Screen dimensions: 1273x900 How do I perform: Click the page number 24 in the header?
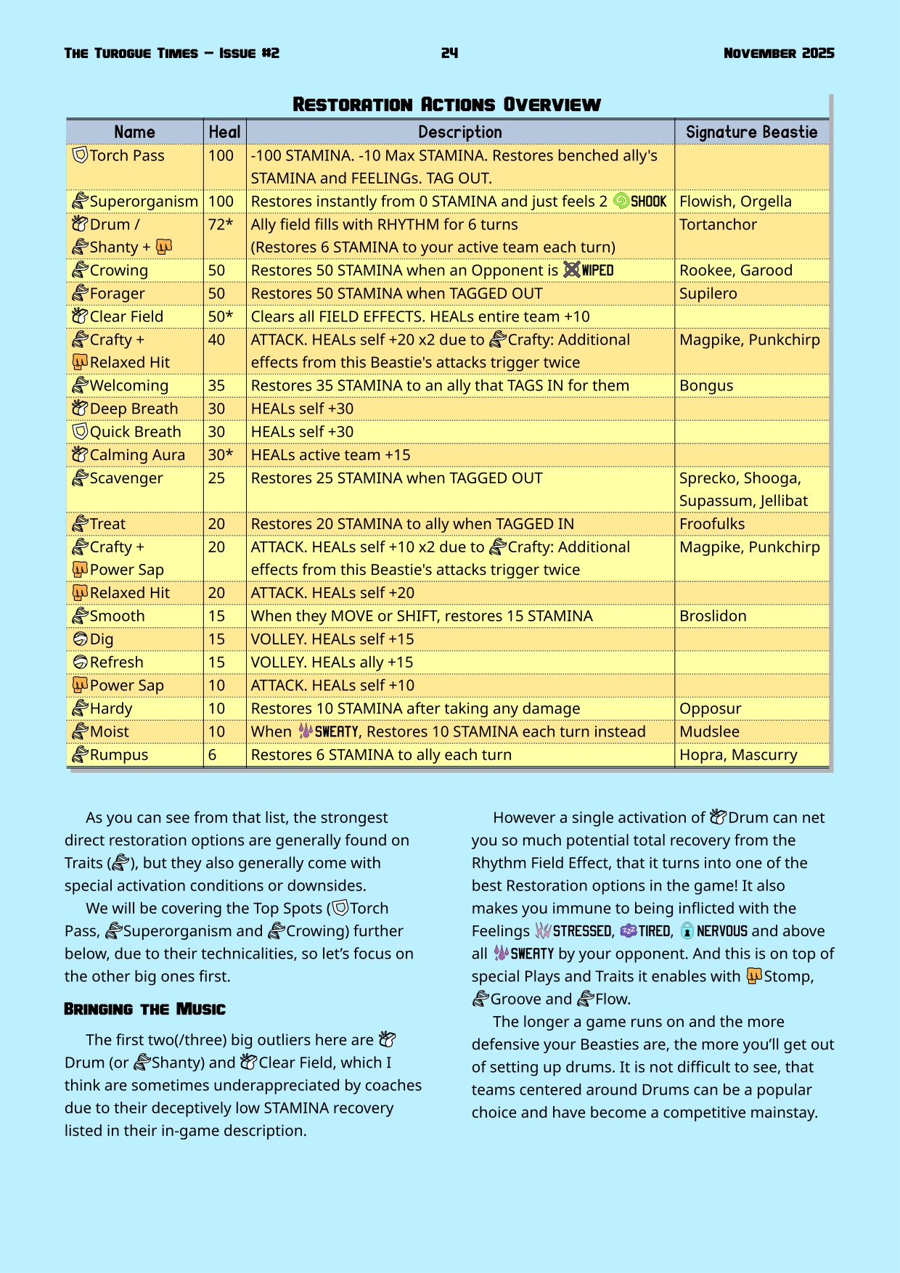(449, 53)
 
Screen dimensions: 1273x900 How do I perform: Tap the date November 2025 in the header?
(779, 53)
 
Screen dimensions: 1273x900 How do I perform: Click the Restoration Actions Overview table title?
(446, 105)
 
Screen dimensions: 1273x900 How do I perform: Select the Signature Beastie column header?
(751, 132)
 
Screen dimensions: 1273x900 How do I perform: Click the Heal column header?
(224, 132)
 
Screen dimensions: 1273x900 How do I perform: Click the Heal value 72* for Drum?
(221, 225)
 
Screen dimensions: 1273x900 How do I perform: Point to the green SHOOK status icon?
(621, 201)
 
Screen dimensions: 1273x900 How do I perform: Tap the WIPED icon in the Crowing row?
(572, 270)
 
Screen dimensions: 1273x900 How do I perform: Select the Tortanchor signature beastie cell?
(718, 225)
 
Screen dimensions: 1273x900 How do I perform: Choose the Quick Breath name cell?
(135, 432)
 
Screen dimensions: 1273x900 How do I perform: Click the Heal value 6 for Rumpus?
(212, 755)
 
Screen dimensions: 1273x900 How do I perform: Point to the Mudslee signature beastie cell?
(709, 732)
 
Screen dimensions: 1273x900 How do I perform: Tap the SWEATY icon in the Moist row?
(306, 732)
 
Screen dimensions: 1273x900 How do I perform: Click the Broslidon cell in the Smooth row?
(713, 616)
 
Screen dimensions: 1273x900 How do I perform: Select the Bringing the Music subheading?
(144, 1010)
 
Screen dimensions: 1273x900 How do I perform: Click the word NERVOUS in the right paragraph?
(721, 931)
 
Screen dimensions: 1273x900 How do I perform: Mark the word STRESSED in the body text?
(582, 931)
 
